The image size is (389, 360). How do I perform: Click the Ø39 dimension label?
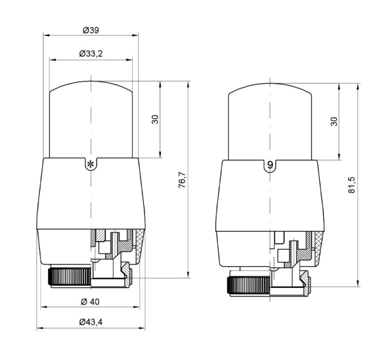click(x=91, y=30)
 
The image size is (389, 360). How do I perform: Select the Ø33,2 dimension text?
click(x=91, y=54)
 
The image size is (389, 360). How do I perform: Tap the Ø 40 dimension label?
click(x=90, y=302)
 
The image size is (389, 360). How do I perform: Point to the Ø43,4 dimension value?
click(x=91, y=322)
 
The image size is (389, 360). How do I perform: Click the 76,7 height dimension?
click(x=182, y=179)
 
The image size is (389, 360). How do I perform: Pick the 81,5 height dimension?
click(x=352, y=185)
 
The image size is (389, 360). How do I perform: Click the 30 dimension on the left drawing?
click(x=155, y=119)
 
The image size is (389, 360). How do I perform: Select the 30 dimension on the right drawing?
click(x=334, y=121)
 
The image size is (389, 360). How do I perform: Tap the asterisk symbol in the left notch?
click(x=90, y=164)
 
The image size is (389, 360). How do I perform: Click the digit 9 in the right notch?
click(x=270, y=165)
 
